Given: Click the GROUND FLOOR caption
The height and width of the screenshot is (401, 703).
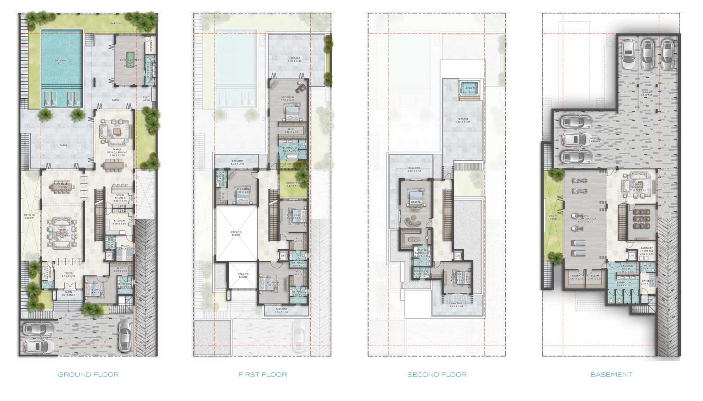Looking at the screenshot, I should tap(88, 374).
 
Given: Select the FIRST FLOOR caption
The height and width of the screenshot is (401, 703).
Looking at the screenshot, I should tap(263, 374).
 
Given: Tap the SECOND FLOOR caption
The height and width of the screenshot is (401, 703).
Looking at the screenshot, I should tap(437, 374).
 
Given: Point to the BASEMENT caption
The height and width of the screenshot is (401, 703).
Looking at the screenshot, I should tap(611, 374).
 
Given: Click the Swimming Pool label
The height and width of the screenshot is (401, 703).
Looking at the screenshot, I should tap(62, 62).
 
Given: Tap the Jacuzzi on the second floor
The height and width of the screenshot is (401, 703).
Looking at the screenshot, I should tap(468, 87).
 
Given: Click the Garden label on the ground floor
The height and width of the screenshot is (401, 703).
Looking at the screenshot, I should tap(115, 23).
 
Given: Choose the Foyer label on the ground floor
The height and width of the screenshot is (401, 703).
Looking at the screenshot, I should tap(69, 274).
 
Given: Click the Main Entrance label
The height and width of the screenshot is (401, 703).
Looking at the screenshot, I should tap(69, 293).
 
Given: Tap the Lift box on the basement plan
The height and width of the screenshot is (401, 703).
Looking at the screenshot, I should tap(632, 256).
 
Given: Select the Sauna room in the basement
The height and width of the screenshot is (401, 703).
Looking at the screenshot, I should tap(576, 277).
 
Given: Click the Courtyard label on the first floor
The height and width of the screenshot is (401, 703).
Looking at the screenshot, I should tap(293, 184).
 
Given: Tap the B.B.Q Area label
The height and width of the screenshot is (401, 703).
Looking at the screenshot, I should tap(146, 99).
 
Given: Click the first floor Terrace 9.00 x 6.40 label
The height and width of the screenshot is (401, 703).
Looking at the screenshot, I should tap(294, 59).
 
